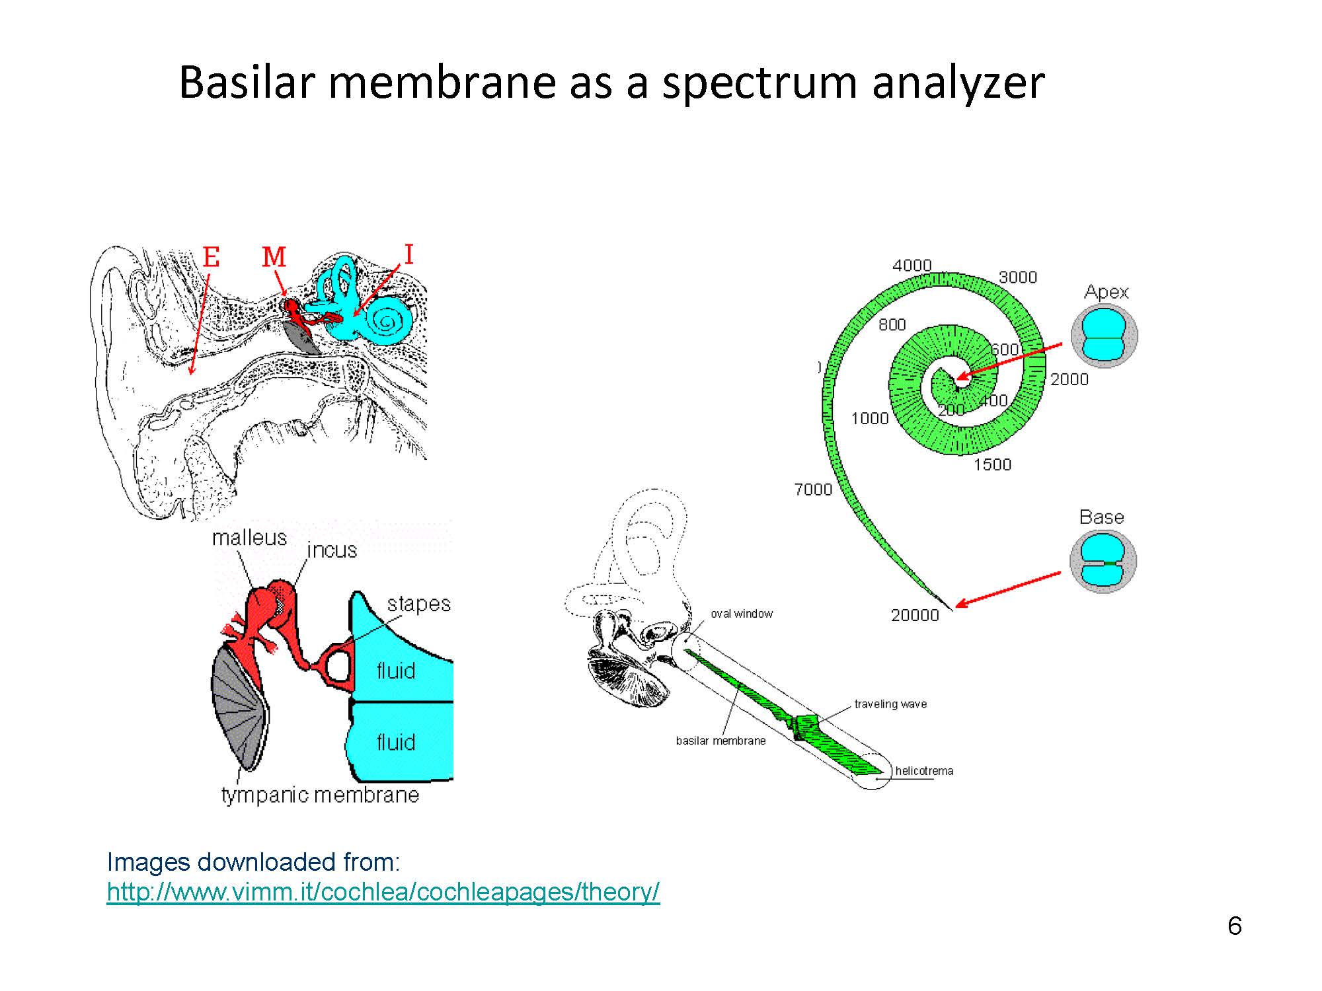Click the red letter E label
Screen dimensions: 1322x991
[x=211, y=256]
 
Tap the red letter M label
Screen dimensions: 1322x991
[x=274, y=257]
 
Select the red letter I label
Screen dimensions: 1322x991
[x=408, y=254]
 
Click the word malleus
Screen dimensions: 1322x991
[x=250, y=538]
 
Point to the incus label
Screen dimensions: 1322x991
[x=332, y=550]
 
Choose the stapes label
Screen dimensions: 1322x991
[x=419, y=604]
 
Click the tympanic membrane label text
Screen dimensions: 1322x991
[x=320, y=795]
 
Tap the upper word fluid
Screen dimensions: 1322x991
[x=396, y=671]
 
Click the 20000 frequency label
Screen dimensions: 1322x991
[x=915, y=615]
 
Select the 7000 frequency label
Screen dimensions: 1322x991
[x=813, y=490]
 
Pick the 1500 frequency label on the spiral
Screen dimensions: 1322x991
[x=992, y=464]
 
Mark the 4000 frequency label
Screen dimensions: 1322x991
[x=912, y=266]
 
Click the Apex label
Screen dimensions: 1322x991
[x=1107, y=292]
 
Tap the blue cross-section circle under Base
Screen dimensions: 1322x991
[x=1103, y=562]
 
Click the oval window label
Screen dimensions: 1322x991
[x=742, y=614]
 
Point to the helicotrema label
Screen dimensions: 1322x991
[x=924, y=771]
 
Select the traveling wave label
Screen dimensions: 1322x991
[x=890, y=704]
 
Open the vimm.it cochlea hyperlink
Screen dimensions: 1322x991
[x=383, y=892]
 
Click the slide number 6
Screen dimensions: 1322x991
[x=1235, y=926]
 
